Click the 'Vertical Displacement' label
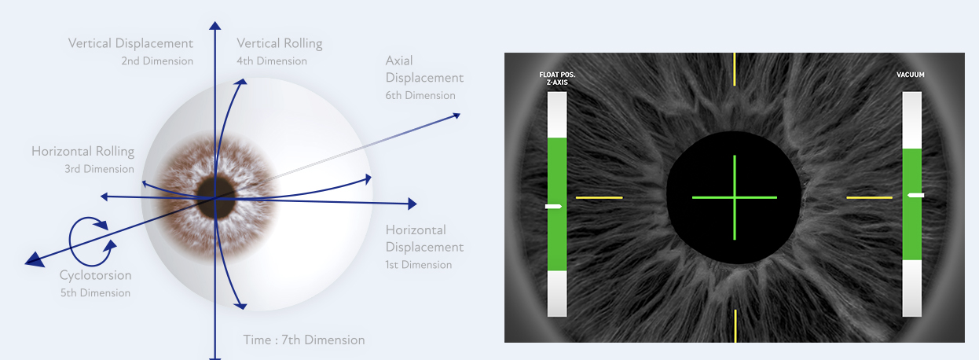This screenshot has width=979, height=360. (130, 43)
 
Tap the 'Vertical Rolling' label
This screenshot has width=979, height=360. (279, 43)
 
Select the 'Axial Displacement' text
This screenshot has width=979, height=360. (424, 69)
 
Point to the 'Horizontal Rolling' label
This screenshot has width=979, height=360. (82, 151)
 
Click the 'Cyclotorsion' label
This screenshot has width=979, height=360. (95, 276)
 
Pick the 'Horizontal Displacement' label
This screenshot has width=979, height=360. (424, 238)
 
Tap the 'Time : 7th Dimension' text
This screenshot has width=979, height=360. (304, 340)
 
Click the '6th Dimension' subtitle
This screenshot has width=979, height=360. (420, 96)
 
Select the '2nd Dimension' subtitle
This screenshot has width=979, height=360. (157, 61)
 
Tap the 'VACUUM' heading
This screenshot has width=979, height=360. (910, 75)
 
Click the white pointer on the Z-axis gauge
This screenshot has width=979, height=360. (554, 206)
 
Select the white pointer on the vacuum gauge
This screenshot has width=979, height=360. (915, 194)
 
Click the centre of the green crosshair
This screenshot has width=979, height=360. (734, 197)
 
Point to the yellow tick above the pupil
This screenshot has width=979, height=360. (734, 69)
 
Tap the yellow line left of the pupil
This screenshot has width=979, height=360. (599, 197)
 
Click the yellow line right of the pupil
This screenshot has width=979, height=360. (869, 197)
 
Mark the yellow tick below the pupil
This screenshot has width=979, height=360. (734, 325)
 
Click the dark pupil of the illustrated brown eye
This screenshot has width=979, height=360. (215, 187)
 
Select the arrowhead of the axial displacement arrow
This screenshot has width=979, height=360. (455, 116)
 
